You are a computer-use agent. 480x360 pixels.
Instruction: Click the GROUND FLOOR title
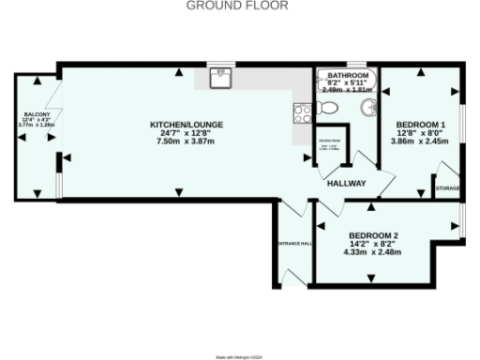237,6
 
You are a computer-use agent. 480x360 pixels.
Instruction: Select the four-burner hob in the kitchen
303,113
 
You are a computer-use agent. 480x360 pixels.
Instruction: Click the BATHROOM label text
346,74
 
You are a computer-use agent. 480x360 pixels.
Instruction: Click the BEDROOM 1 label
421,125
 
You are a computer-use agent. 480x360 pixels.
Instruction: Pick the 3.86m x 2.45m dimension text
421,142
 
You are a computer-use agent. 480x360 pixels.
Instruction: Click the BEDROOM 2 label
374,235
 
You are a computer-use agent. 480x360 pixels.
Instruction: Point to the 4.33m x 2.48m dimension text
374,252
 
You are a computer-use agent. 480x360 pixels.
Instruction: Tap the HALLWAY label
345,184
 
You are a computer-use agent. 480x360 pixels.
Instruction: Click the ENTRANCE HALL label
293,244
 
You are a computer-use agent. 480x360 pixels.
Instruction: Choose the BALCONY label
37,113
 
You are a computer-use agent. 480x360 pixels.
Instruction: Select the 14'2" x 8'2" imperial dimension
374,244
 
